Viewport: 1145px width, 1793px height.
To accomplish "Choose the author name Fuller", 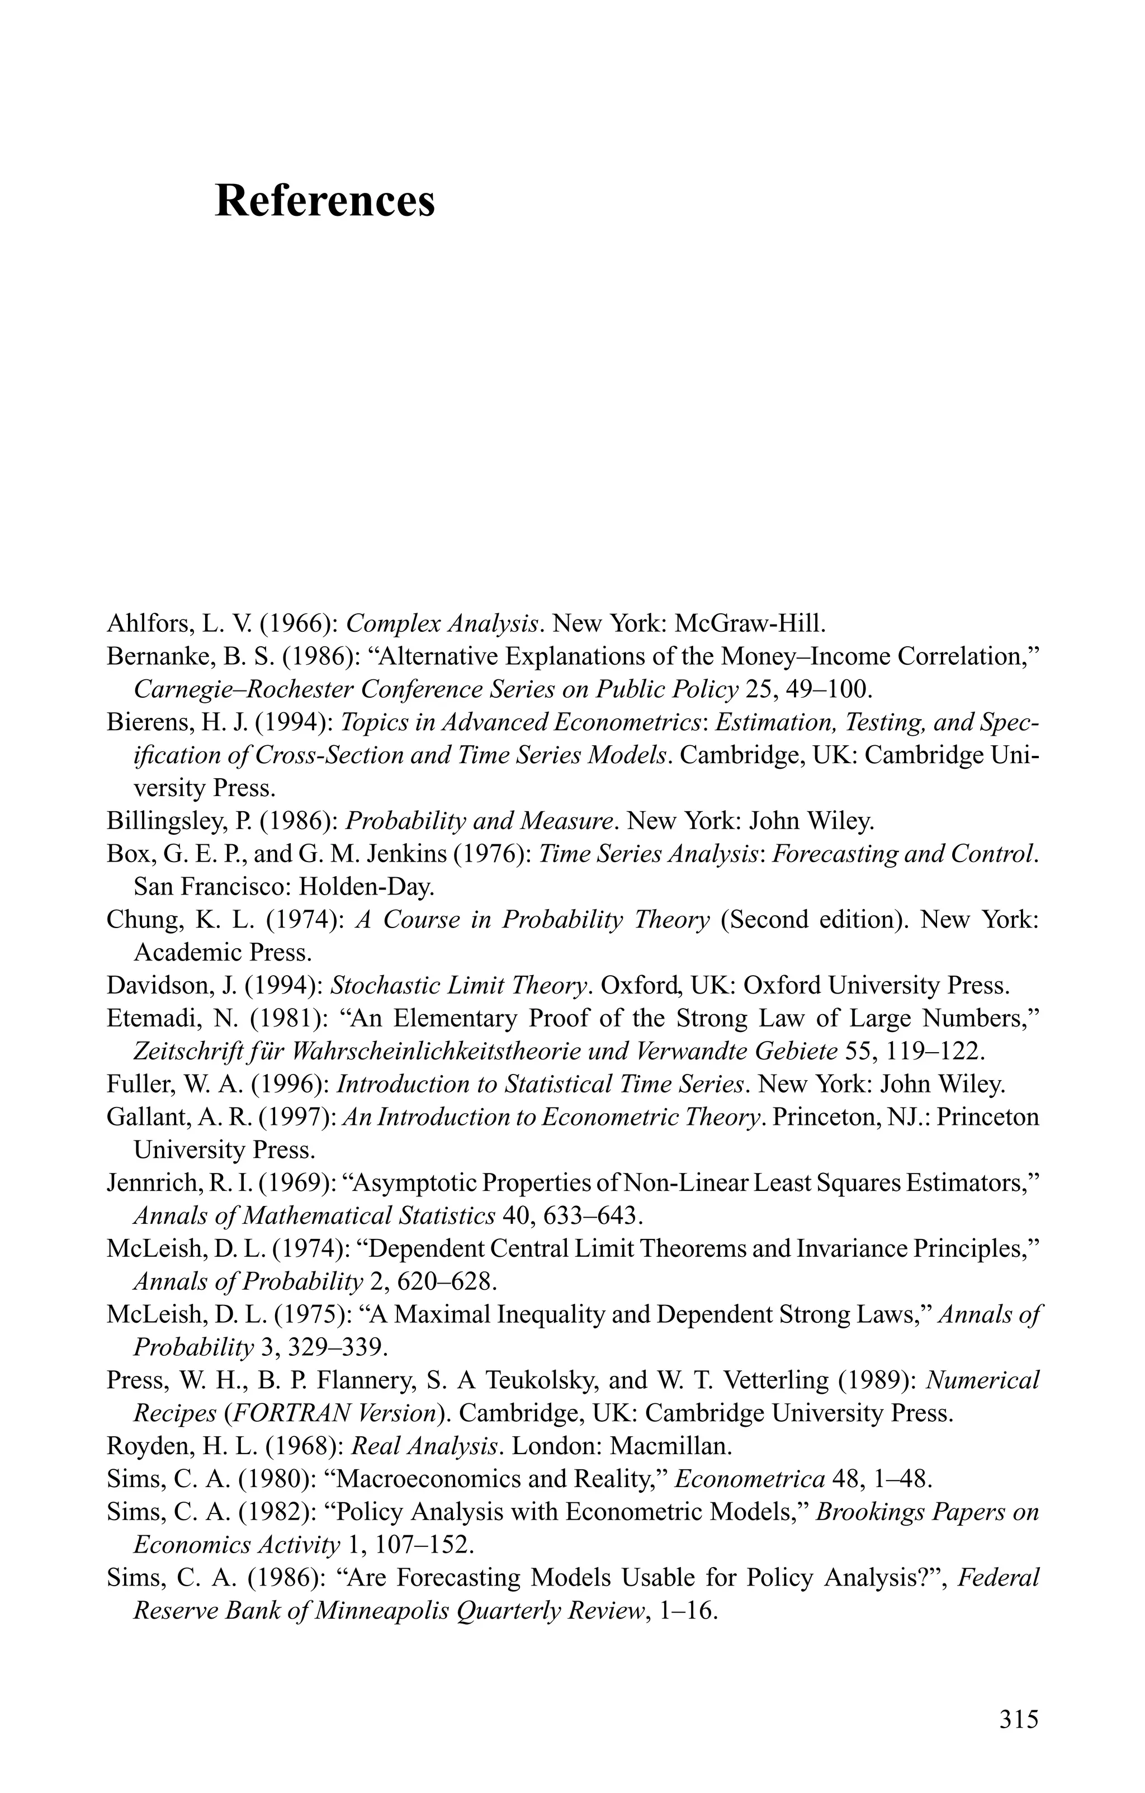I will point(135,1084).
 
